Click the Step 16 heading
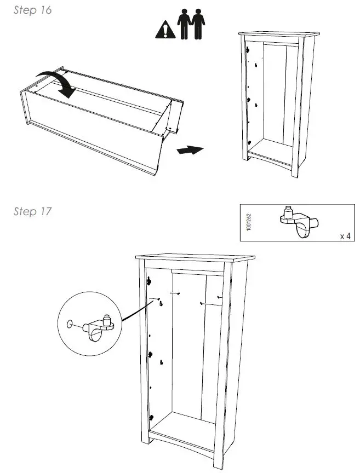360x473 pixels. click(x=32, y=10)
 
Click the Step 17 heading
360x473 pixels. click(x=32, y=211)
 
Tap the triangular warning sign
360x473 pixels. click(x=164, y=30)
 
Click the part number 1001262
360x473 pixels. click(x=249, y=222)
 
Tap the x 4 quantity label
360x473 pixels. click(x=345, y=236)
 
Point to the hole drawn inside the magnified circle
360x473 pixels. click(x=70, y=324)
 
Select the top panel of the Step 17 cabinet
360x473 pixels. click(x=195, y=257)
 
